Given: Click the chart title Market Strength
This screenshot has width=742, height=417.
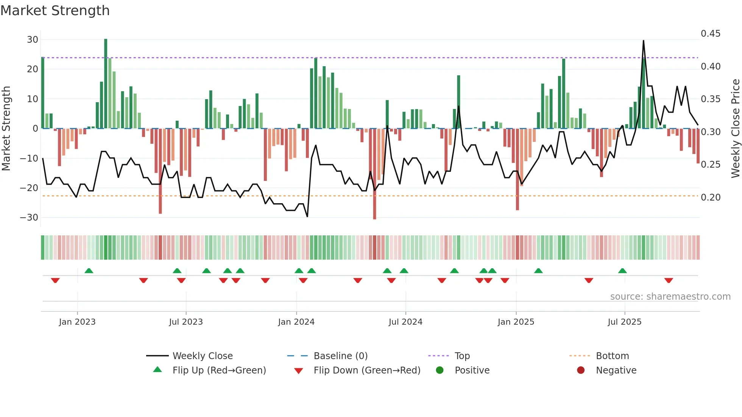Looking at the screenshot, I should [x=55, y=11].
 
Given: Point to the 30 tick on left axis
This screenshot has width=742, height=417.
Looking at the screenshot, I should [x=33, y=40].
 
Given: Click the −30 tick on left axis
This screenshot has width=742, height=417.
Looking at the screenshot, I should [x=29, y=218].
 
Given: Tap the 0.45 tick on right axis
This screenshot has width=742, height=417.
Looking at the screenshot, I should [x=711, y=34].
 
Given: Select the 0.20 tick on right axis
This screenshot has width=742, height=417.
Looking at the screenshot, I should [x=711, y=198].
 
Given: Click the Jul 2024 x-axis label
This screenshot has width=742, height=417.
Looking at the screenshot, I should [x=405, y=322].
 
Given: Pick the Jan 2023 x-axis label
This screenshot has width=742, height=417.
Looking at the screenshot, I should [x=77, y=322].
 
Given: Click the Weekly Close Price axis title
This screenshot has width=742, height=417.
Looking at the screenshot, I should [x=735, y=129].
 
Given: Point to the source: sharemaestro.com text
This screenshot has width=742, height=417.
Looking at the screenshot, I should [x=670, y=297].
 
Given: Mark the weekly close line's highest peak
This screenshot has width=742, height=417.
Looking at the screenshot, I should [x=643, y=41].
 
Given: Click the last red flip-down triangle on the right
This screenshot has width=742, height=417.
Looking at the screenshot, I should [x=669, y=280].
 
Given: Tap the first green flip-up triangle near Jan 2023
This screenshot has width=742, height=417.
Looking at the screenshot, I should [x=89, y=271].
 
